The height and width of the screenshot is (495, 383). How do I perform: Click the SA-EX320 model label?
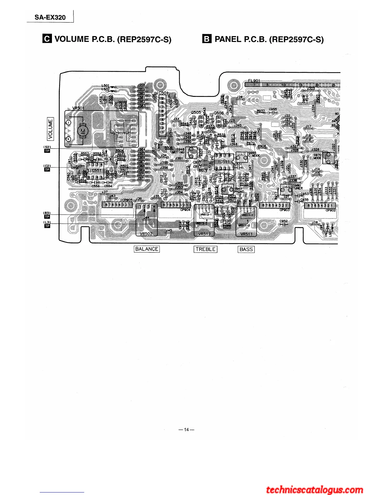(x=50, y=17)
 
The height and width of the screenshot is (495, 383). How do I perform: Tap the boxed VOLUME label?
(x=50, y=128)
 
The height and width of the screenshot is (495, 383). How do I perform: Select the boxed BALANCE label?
(x=147, y=249)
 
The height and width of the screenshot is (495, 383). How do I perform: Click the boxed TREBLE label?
(x=205, y=249)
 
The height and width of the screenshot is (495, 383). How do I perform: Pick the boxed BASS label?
(x=246, y=249)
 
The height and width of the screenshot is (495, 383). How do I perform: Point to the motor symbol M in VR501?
(x=83, y=130)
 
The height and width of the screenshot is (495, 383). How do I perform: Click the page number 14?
(x=186, y=430)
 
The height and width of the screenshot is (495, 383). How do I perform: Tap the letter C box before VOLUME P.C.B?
(x=47, y=39)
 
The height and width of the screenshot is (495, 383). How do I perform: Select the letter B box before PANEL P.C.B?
(x=207, y=39)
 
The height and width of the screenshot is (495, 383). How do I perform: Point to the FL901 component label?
(x=254, y=81)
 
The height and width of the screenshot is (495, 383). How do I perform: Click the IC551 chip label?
(x=95, y=171)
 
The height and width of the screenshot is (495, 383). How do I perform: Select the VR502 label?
(x=146, y=234)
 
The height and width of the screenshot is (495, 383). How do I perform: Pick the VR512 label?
(x=204, y=234)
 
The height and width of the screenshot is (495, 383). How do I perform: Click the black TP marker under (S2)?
(x=47, y=151)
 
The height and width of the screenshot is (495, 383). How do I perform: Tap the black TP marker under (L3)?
(x=47, y=226)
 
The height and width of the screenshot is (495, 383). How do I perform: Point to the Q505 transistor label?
(x=196, y=112)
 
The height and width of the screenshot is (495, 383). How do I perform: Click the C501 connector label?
(x=163, y=93)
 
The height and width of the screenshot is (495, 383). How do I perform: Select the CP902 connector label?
(x=330, y=210)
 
